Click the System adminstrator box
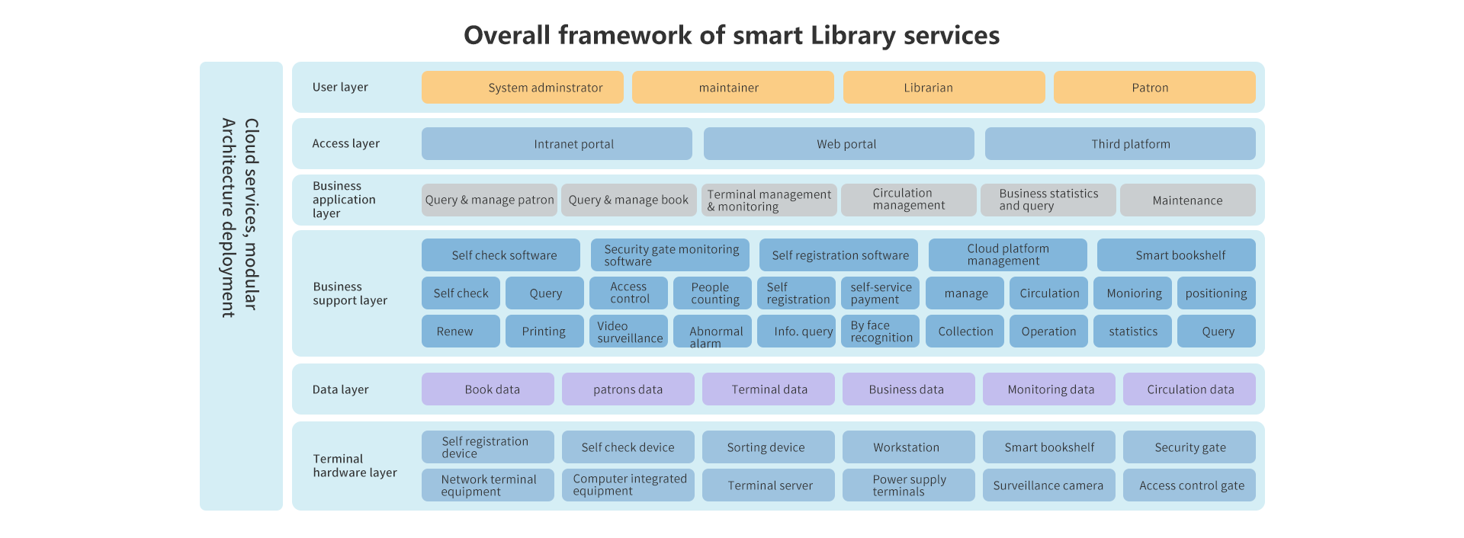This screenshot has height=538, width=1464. click(522, 87)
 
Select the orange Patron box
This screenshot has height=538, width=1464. click(1154, 87)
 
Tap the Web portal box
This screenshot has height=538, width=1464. click(839, 143)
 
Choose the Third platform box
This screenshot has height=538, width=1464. click(1120, 143)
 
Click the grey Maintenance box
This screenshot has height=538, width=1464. click(1188, 200)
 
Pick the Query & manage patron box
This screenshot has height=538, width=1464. click(490, 200)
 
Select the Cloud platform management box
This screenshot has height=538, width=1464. click(1008, 255)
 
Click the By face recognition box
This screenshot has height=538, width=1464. click(880, 331)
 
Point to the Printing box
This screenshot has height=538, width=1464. click(544, 331)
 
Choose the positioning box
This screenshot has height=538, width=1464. click(1216, 293)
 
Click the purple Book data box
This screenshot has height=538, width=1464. click(488, 389)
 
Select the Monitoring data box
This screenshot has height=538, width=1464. click(1049, 389)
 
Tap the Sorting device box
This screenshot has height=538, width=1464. click(769, 447)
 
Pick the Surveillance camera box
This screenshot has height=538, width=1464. click(1049, 485)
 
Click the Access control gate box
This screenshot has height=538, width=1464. click(1189, 485)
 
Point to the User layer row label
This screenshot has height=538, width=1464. click(340, 87)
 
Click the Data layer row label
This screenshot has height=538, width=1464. click(340, 389)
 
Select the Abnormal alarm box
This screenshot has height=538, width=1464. click(712, 331)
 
